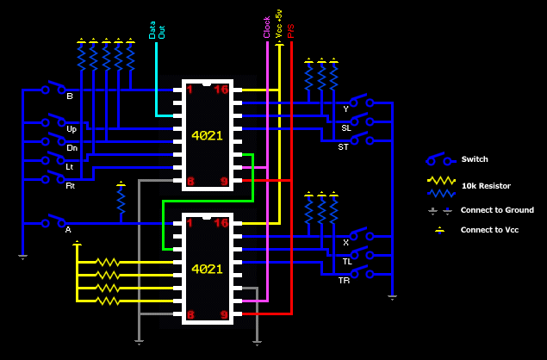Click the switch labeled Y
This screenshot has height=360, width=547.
pos(359,102)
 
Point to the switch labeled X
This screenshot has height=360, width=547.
pos(359,235)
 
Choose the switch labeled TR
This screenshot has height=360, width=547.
pos(359,273)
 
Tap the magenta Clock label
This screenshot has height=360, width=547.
pos(267,28)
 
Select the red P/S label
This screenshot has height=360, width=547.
pos(291,30)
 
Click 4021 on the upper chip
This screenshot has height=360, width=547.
pos(207,136)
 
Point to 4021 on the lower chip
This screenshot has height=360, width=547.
pos(207,269)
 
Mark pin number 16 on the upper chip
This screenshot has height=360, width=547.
pos(221,89)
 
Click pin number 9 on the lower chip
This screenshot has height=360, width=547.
pos(224,314)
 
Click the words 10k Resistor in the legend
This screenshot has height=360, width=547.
pos(486,186)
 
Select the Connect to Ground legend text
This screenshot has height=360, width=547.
pos(497,210)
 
